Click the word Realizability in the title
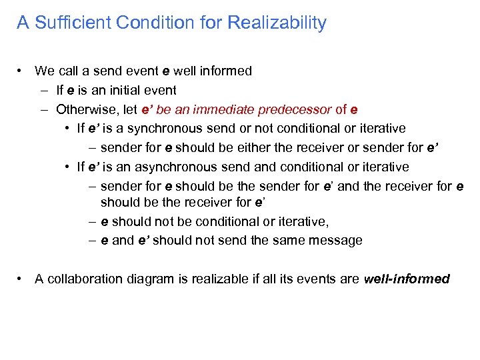277,23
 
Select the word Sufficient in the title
72,23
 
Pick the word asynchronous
168,167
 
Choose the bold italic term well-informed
407,279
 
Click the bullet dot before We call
22,71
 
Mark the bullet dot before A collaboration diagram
22,279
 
